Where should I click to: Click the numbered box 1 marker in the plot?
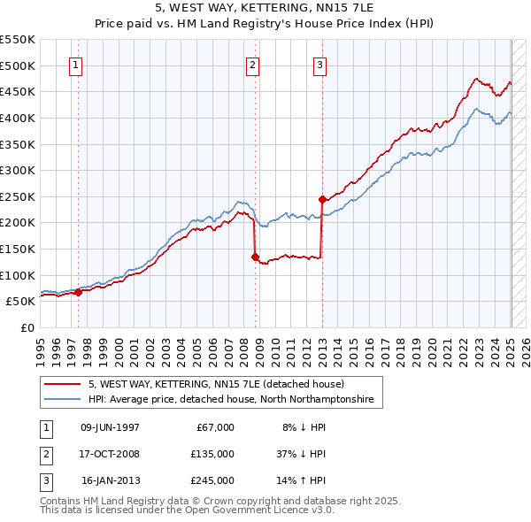pyautogui.click(x=76, y=65)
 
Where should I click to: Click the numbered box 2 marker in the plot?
pyautogui.click(x=252, y=65)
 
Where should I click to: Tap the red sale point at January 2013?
pyautogui.click(x=322, y=200)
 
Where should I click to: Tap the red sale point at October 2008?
pyautogui.click(x=255, y=257)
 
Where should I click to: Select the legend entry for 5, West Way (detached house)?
pyautogui.click(x=221, y=384)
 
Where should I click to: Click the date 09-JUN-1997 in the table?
pyautogui.click(x=110, y=427)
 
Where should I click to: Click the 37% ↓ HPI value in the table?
pyautogui.click(x=300, y=454)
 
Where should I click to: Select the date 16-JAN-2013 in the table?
pyautogui.click(x=110, y=480)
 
